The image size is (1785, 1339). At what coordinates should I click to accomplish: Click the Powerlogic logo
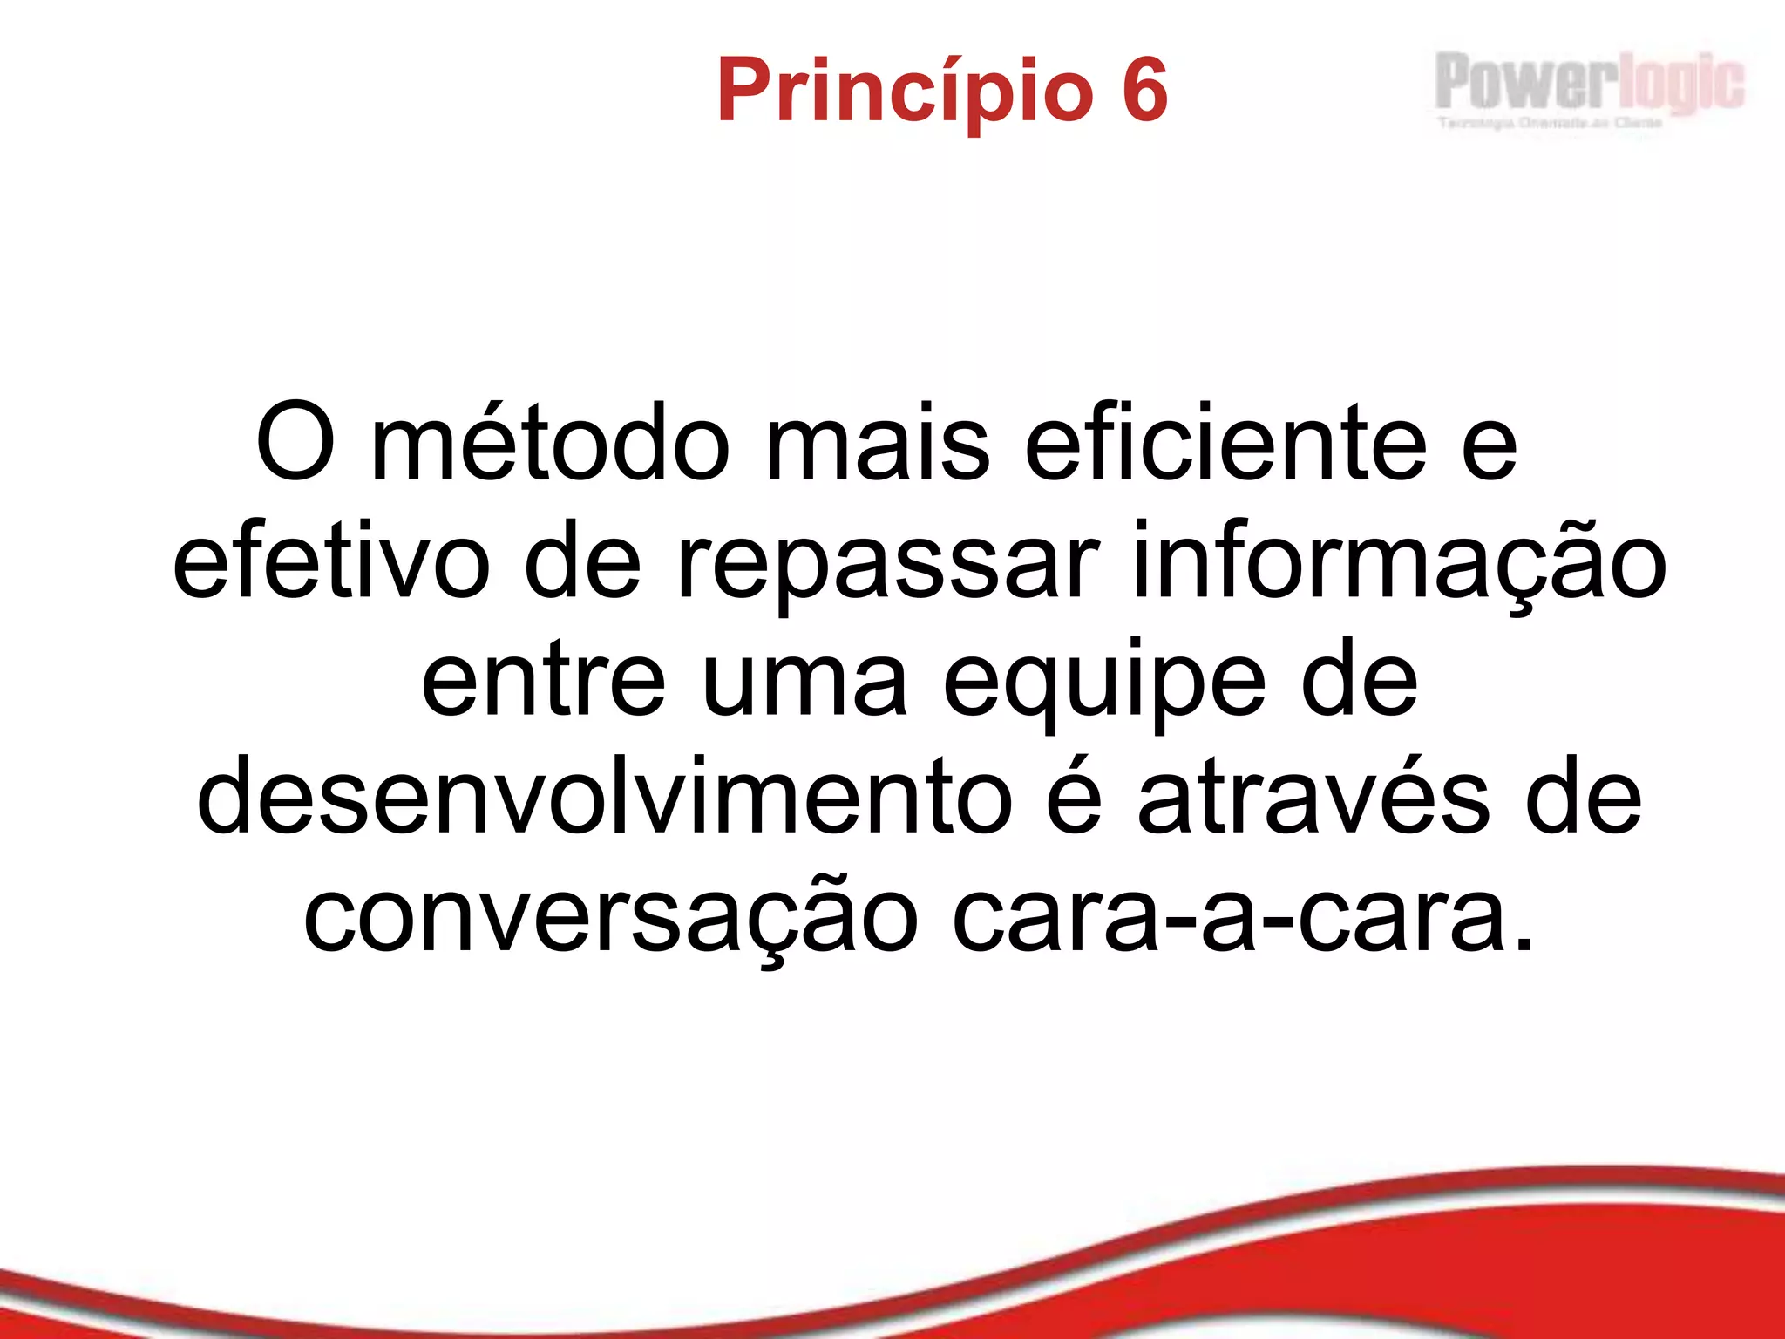click(1589, 82)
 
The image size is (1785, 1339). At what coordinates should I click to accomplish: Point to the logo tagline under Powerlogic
click(1550, 123)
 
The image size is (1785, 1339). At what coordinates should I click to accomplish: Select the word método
click(550, 443)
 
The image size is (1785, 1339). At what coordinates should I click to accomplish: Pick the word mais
click(877, 443)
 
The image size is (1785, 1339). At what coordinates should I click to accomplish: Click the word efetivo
click(331, 562)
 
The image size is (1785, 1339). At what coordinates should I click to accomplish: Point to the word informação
click(1398, 562)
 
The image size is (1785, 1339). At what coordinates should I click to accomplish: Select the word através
click(1313, 799)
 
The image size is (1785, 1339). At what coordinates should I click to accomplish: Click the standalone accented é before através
click(1074, 797)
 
